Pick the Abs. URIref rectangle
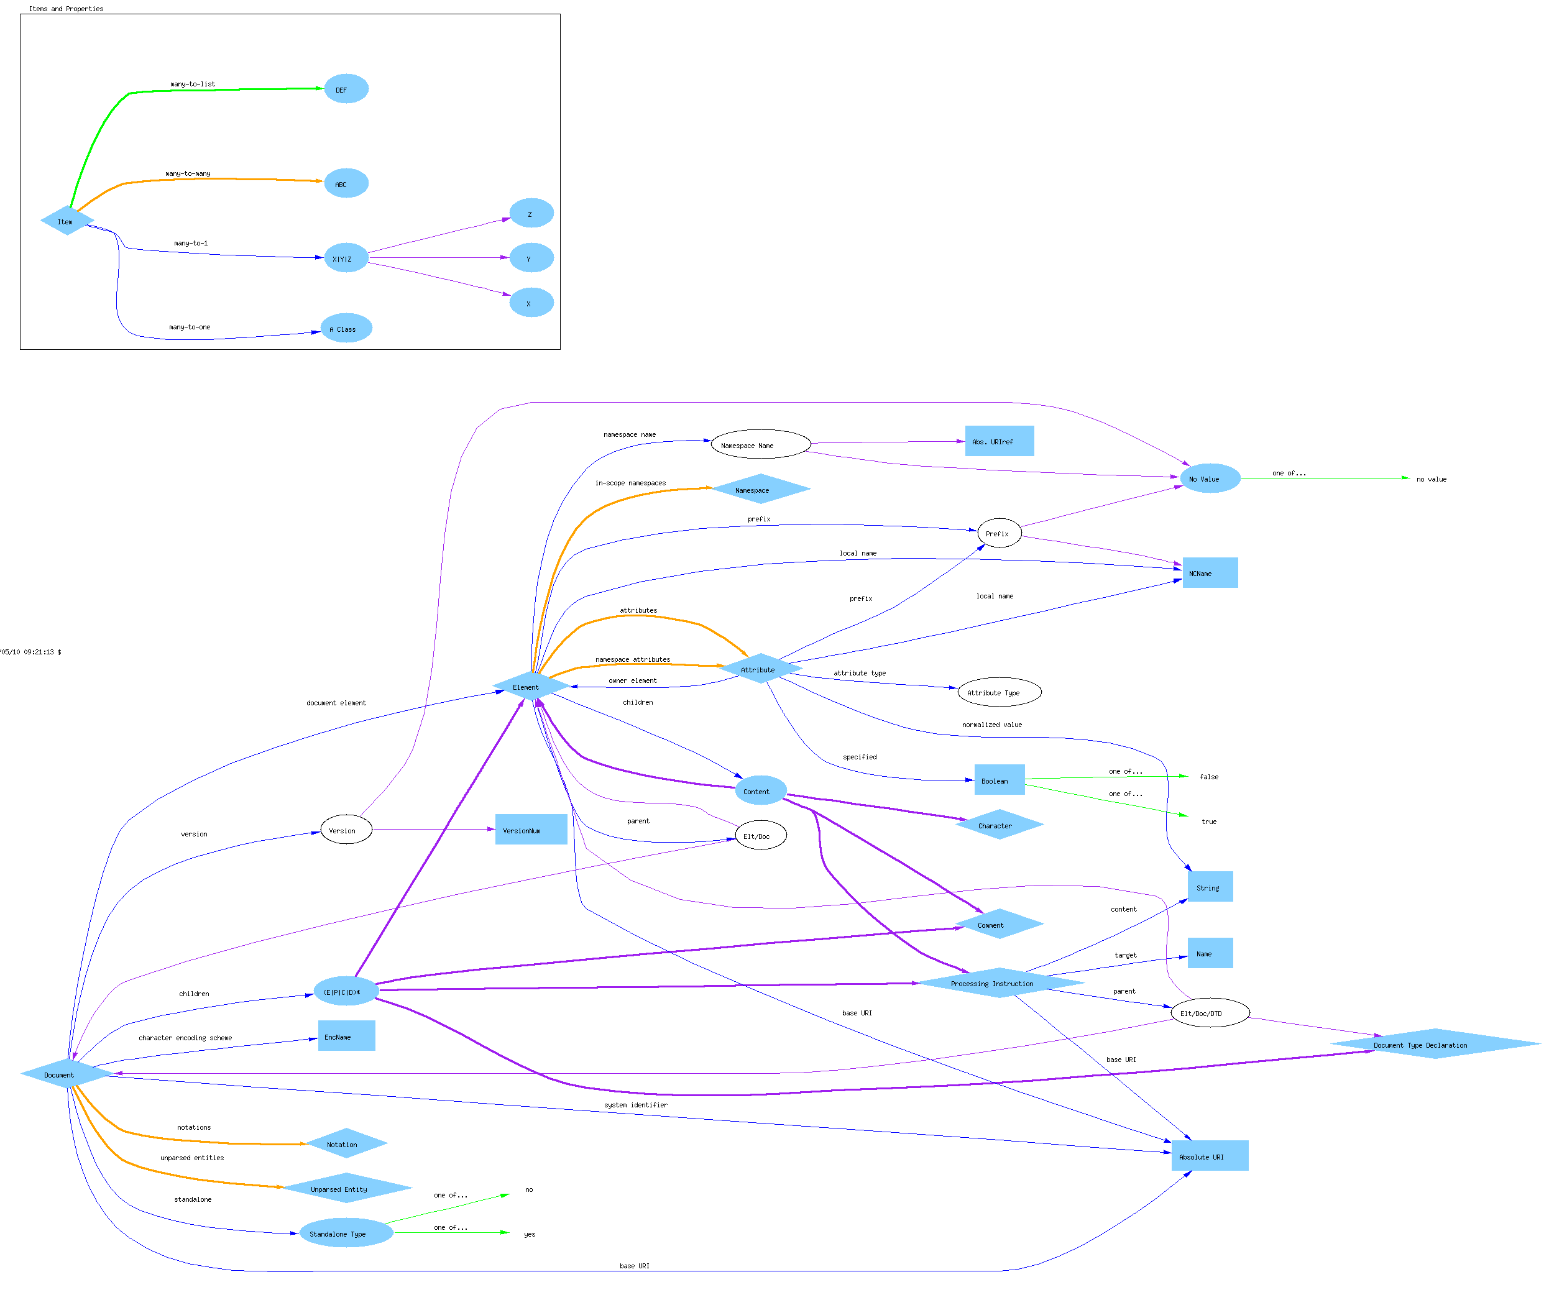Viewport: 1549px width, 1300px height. click(999, 441)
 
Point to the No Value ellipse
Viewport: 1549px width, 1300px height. click(1210, 478)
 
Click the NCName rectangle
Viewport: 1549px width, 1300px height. click(1210, 573)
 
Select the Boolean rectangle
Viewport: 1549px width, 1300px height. click(999, 780)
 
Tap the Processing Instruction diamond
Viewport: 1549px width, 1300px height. click(999, 983)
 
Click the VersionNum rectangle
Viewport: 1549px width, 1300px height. click(530, 830)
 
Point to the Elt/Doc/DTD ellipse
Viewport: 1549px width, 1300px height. click(1210, 1013)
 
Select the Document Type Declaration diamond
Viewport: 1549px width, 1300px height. click(1435, 1044)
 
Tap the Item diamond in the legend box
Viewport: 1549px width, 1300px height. click(67, 221)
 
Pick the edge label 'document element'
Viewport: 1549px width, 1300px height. click(336, 703)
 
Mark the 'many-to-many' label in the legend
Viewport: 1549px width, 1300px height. click(187, 173)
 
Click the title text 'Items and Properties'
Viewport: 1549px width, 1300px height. click(66, 9)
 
